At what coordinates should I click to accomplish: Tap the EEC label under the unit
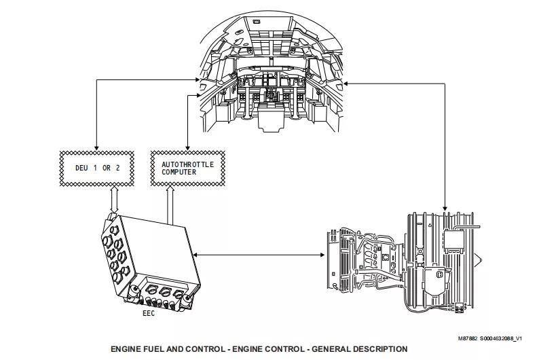click(149, 313)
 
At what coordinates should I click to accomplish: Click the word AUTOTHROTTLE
click(187, 164)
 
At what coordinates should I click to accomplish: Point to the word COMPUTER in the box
click(179, 172)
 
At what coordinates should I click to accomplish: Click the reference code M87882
click(468, 339)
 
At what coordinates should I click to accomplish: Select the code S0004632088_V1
click(501, 339)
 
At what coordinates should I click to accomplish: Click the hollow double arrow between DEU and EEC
click(114, 200)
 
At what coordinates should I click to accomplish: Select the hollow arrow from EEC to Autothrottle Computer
click(170, 205)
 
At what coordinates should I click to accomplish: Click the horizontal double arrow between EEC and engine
click(259, 255)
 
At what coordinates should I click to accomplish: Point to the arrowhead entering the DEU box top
click(96, 148)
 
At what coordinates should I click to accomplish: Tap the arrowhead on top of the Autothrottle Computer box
click(187, 148)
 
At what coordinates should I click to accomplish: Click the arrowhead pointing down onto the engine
click(445, 208)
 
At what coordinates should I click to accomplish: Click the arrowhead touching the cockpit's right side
click(346, 84)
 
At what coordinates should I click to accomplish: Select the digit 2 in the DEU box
click(118, 168)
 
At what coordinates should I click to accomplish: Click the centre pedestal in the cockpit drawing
click(272, 117)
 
